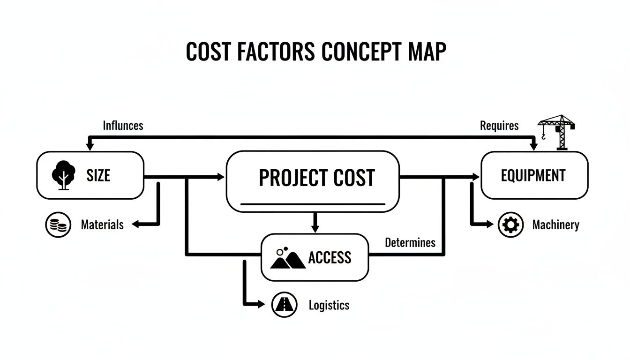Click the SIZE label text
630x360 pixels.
[98, 176]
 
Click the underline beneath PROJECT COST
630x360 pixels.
[313, 204]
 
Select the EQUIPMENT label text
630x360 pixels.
[533, 176]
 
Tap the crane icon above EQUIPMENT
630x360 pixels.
[556, 132]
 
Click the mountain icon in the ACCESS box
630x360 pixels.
[287, 257]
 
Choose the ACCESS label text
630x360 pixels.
[330, 257]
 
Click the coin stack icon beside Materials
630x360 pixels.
[58, 225]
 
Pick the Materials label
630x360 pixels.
[102, 225]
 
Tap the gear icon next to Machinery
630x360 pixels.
[510, 225]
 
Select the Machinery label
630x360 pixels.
[555, 225]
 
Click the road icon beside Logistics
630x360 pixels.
[284, 305]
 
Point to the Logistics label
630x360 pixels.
[329, 306]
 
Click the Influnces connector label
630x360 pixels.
[123, 126]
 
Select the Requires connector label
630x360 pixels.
[499, 126]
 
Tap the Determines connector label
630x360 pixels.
[410, 242]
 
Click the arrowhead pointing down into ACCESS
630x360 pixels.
[315, 229]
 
